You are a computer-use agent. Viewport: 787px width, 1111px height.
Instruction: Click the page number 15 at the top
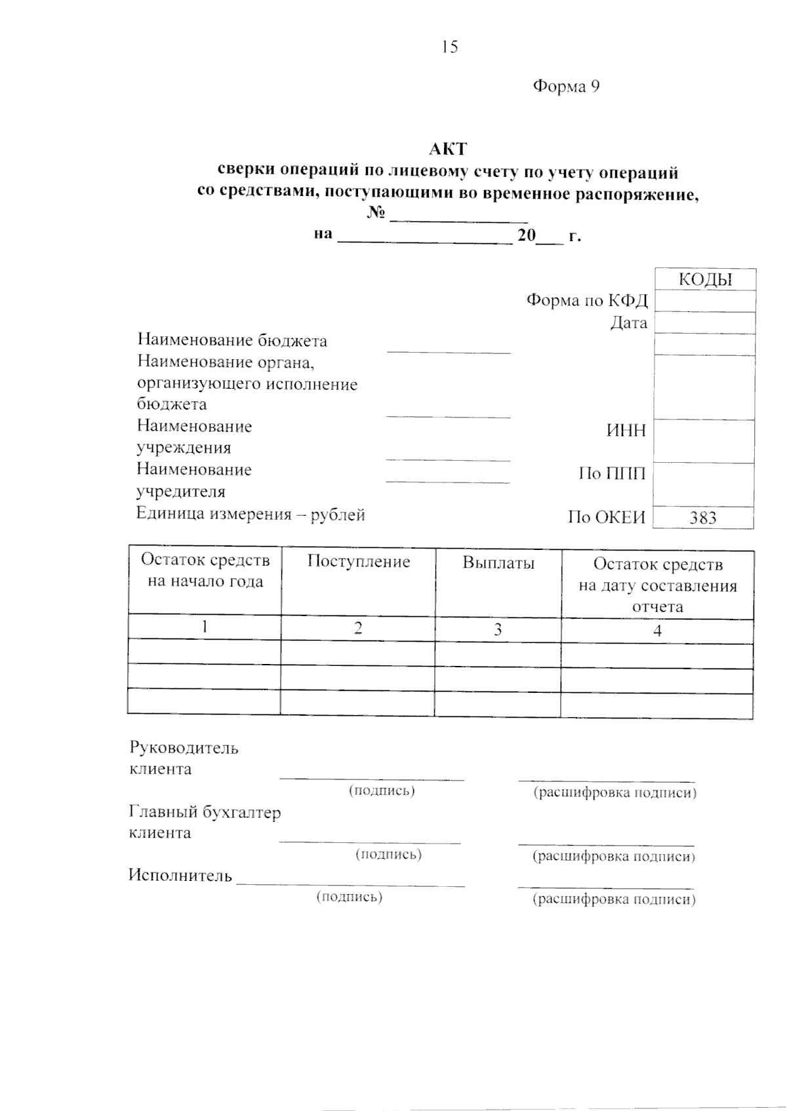[450, 47]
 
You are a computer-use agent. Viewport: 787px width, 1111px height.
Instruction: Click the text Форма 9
[566, 87]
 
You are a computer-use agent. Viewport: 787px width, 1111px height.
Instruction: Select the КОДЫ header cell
[705, 280]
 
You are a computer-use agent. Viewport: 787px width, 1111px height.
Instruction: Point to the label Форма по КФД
[587, 301]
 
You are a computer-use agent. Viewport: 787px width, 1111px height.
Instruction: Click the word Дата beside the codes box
[628, 322]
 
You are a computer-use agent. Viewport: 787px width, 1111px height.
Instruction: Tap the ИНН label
[626, 431]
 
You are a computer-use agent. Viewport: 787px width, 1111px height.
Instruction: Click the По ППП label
[612, 473]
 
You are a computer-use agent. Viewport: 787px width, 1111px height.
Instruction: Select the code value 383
[703, 518]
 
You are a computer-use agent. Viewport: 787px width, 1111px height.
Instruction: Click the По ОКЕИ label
[607, 518]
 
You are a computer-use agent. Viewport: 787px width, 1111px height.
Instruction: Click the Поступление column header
[358, 562]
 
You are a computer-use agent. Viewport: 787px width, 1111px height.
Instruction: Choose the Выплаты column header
[498, 563]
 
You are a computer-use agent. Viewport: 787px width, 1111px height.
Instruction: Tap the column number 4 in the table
[657, 631]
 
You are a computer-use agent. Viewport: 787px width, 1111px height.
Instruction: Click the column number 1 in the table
[205, 627]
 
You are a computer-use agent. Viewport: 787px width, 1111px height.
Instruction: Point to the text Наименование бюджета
[232, 340]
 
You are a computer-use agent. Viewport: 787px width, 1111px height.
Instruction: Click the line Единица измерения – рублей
[251, 515]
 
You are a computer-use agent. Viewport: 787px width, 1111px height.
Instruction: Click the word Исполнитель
[180, 876]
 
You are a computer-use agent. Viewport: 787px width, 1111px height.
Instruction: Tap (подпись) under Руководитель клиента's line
[382, 790]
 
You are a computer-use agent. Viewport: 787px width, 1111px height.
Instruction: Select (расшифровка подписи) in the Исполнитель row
[614, 899]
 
